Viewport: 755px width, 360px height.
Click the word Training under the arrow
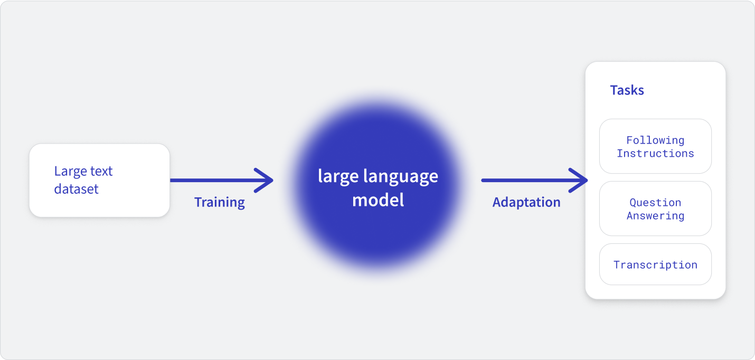tap(220, 203)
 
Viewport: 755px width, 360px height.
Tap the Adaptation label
tap(526, 202)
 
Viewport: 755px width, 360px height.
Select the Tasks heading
tap(627, 90)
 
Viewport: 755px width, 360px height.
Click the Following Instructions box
tap(655, 146)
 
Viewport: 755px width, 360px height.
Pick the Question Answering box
tap(655, 209)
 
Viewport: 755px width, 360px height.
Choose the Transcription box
tap(655, 264)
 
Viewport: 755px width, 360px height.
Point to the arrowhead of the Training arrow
tap(272, 181)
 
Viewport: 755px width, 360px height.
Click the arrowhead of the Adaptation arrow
tap(587, 181)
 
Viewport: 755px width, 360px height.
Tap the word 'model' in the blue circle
tap(378, 200)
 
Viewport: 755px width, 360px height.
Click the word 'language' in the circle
tap(401, 177)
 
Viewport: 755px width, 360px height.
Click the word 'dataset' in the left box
tap(76, 189)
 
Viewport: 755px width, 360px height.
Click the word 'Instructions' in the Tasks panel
tap(655, 154)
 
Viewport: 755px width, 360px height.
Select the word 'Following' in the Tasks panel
tap(655, 140)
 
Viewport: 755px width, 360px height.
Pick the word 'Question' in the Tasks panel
tap(655, 203)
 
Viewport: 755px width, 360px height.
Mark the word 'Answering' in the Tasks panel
tap(655, 216)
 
